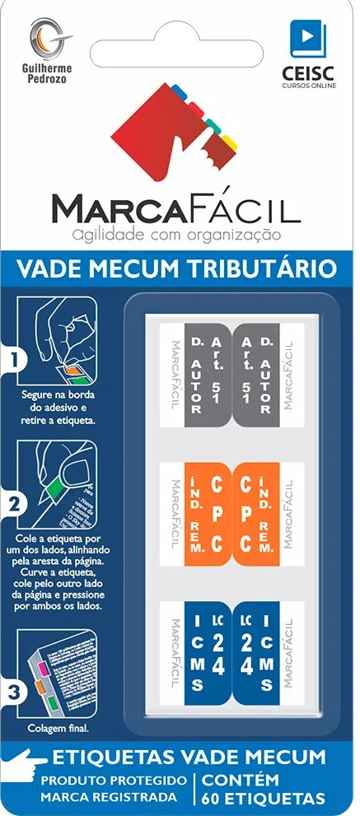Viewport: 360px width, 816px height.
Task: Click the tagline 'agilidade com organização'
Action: coord(177,235)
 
